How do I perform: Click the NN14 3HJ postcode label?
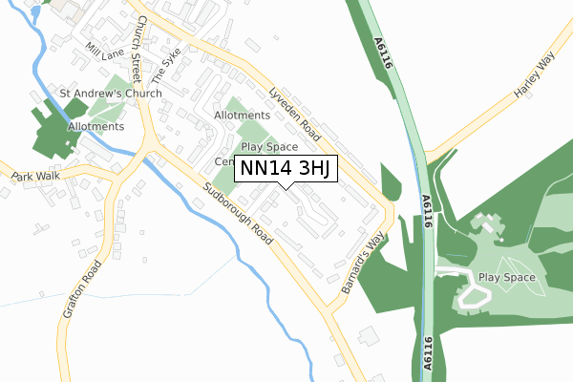286,168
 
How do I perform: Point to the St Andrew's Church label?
111,94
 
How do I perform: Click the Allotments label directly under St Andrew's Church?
95,126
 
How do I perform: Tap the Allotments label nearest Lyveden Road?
244,116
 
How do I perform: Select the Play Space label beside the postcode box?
269,147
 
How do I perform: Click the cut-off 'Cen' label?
223,161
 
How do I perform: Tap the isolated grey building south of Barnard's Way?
367,336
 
